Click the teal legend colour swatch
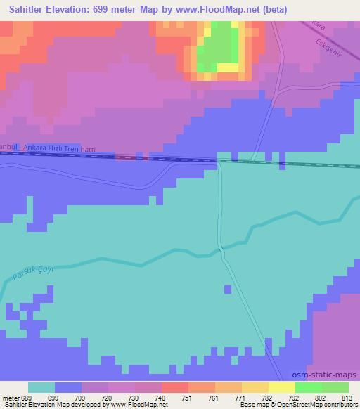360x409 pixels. [41, 387]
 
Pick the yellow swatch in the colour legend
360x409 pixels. [282, 387]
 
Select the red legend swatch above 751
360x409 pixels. [175, 387]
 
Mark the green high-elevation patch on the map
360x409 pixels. [220, 46]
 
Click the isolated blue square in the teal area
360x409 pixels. [227, 289]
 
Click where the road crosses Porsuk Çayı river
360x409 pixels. [221, 249]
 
